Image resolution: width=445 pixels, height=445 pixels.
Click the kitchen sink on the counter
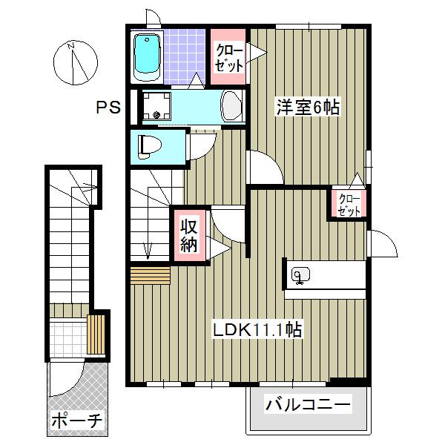click(300, 275)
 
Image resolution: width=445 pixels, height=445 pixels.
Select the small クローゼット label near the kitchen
click(349, 204)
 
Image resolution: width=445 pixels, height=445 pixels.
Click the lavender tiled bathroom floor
click(184, 52)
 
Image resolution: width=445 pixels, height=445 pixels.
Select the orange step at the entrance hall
click(149, 275)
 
